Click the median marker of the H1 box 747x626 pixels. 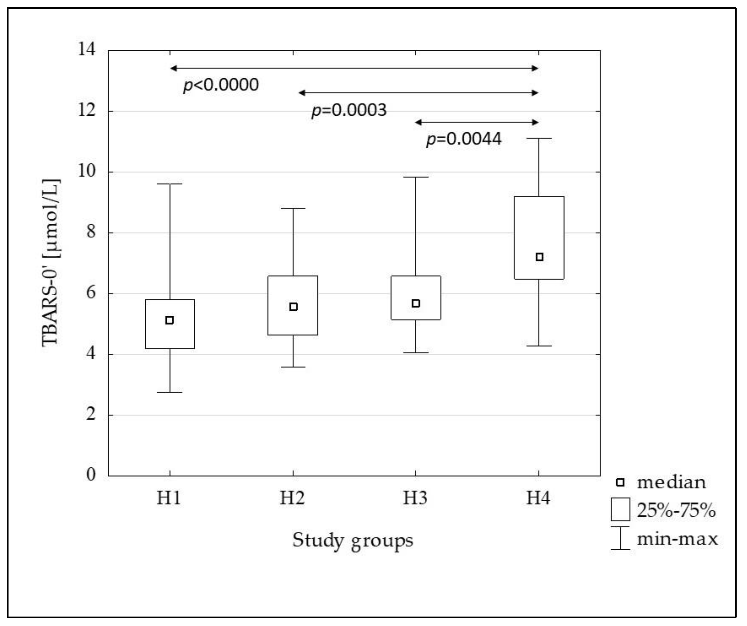coord(170,320)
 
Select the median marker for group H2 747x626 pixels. coord(293,307)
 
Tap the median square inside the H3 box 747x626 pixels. coord(415,303)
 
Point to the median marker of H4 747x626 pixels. coord(539,257)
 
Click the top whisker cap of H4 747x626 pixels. coord(539,138)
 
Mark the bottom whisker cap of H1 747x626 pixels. coord(170,392)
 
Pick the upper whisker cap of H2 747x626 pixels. coord(293,208)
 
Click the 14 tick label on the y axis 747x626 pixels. coord(87,49)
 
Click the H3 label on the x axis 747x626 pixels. coord(415,498)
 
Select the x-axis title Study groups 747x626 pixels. coord(353,540)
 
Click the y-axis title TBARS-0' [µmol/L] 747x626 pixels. coord(51,263)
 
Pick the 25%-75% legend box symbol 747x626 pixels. coord(620,509)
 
